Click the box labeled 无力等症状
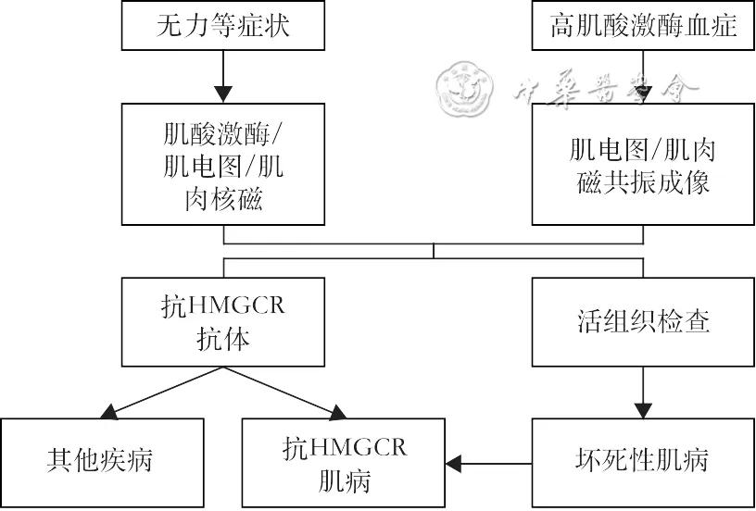click(221, 25)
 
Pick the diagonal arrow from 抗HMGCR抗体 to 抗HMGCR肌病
click(283, 390)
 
